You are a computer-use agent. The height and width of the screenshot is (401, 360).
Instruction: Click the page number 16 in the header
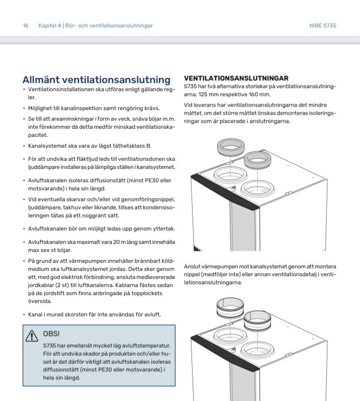[x=26, y=26]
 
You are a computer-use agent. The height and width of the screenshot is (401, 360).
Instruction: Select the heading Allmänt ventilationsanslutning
[x=96, y=80]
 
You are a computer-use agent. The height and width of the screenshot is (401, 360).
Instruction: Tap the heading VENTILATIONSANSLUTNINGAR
[x=236, y=78]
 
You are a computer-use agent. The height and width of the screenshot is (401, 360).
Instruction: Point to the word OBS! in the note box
[x=51, y=334]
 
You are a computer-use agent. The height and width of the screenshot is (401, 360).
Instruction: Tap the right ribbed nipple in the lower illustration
[x=256, y=319]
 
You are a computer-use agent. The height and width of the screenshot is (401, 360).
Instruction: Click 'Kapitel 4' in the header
[x=49, y=26]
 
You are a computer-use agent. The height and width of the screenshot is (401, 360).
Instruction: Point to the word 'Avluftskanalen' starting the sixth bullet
[x=48, y=180]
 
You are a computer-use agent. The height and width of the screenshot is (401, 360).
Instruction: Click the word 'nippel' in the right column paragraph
[x=193, y=275]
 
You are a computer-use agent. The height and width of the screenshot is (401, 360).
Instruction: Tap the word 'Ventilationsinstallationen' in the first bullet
[x=62, y=90]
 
